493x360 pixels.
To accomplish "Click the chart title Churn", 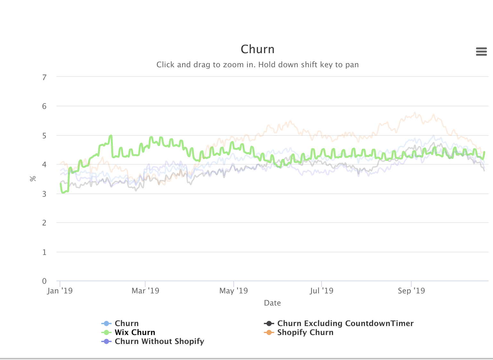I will coord(257,49).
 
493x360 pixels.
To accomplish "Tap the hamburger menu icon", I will coord(481,52).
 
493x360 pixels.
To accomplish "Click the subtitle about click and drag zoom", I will coord(257,65).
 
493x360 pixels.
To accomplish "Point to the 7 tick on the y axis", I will coord(44,77).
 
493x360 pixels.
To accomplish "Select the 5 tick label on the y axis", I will coord(44,135).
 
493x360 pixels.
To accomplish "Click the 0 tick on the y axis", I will coord(44,281).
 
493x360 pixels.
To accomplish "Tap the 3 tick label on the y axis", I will coord(44,194).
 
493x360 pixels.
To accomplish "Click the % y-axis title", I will coord(33,179).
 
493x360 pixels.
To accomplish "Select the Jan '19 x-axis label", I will coord(60,291).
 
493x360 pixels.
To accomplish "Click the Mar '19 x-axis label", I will coord(145,291).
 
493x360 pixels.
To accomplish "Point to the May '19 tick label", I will coord(233,291).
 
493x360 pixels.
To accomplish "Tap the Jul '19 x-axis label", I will coord(321,291).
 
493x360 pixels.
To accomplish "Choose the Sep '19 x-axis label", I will coord(411,291).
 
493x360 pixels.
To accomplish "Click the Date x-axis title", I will coord(272,303).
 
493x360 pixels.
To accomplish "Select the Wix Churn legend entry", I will coord(135,332).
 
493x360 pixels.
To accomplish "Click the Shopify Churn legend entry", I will coord(305,332).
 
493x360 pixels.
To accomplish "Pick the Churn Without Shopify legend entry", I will coord(159,341).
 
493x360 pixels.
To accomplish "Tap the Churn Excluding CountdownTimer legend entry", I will coord(345,323).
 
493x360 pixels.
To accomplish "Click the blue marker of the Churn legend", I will coord(106,323).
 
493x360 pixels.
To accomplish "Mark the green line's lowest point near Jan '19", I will coord(63,192).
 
